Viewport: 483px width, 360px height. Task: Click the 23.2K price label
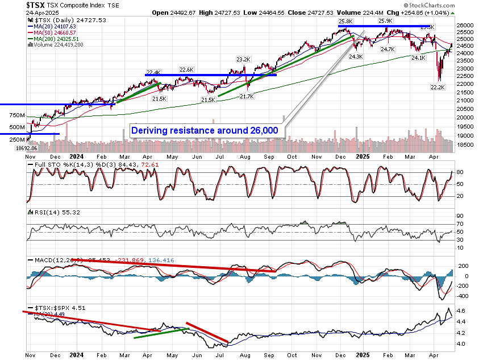coord(243,59)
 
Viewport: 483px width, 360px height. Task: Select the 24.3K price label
coord(356,56)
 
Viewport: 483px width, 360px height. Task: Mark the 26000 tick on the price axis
coord(465,26)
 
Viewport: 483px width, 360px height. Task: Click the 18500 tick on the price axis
coord(465,146)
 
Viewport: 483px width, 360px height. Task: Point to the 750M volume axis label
coord(17,115)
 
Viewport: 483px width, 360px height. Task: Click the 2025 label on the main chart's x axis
coord(361,157)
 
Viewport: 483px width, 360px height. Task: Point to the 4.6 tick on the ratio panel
coord(461,311)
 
